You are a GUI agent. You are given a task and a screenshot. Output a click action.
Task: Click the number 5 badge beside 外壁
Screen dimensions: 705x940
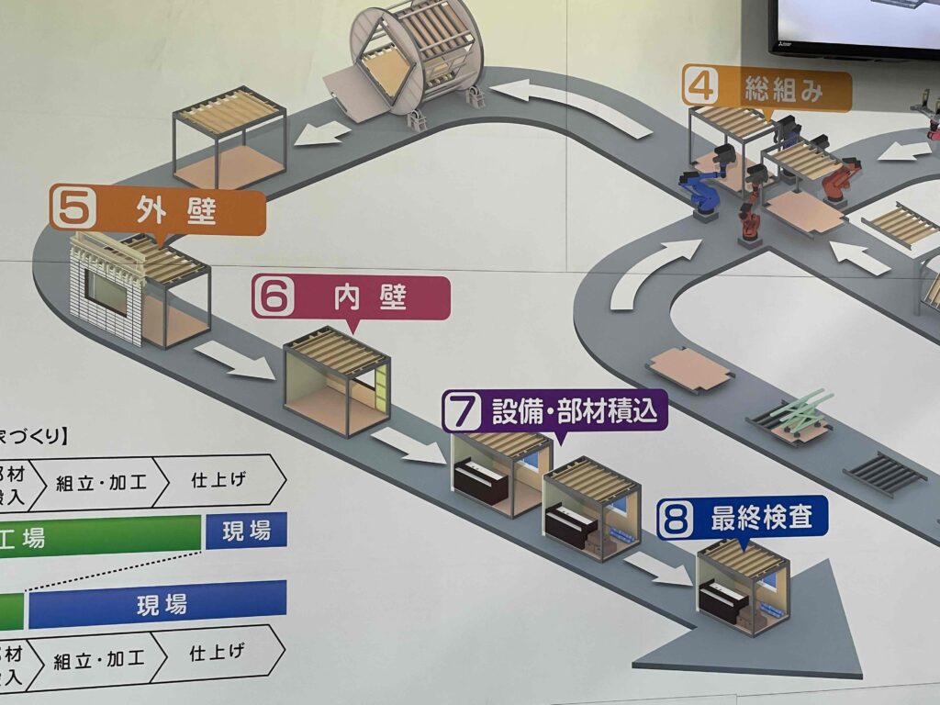coord(70,207)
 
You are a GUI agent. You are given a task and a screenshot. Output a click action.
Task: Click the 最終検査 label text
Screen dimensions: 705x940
coord(761,519)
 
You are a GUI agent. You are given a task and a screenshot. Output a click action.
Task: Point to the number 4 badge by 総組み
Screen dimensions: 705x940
coord(701,90)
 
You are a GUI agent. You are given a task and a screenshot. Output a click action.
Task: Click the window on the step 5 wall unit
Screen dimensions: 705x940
coord(107,293)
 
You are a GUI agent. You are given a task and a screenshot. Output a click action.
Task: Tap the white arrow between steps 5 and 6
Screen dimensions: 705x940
coord(234,360)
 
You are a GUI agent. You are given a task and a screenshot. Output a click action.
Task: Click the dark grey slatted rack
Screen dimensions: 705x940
coord(884,473)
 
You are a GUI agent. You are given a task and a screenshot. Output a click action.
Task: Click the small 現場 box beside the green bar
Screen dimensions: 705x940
coord(246,531)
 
